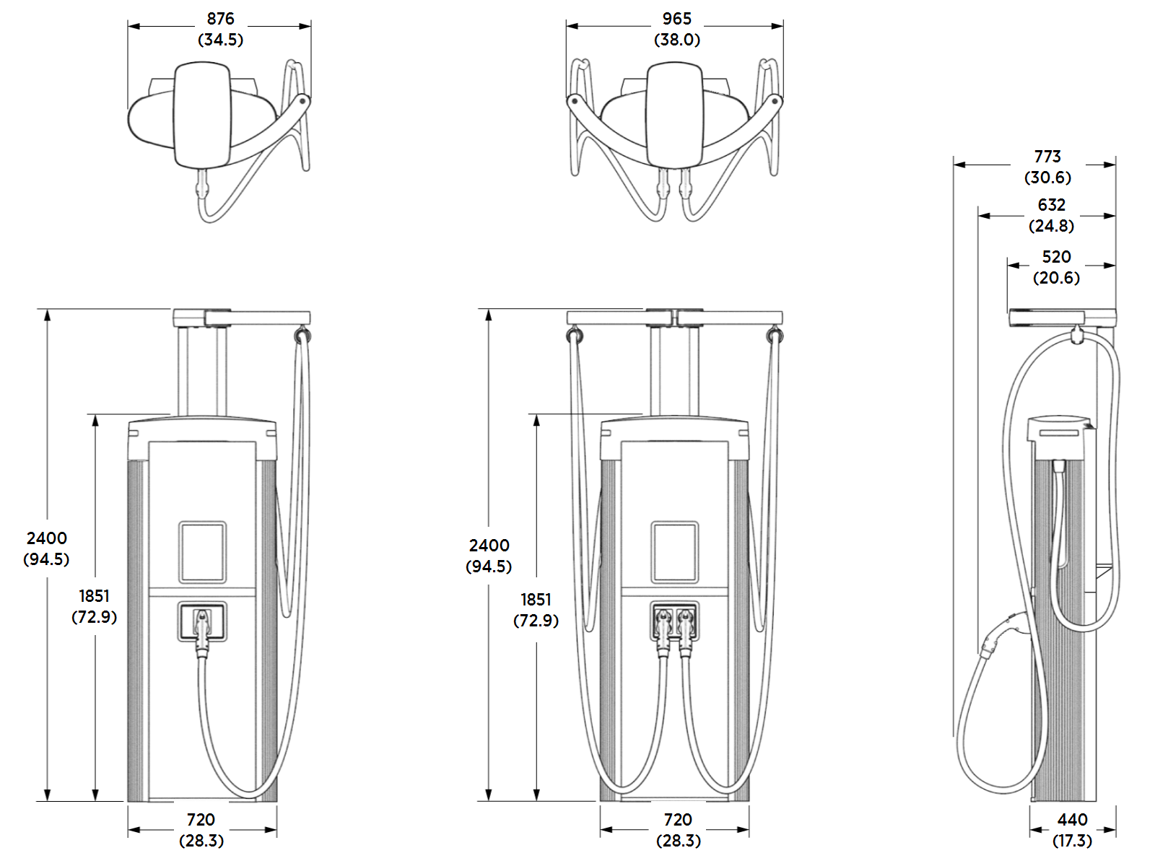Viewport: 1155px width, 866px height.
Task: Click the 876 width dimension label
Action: pos(220,19)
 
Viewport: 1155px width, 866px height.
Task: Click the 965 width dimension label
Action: pos(676,19)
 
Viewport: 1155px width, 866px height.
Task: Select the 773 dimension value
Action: pos(1047,157)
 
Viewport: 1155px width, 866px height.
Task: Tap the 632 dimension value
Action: pos(1051,205)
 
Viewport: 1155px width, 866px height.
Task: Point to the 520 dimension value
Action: pos(1056,257)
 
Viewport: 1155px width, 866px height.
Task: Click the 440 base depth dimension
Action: pos(1072,820)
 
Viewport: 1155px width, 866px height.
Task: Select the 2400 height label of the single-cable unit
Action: pos(47,538)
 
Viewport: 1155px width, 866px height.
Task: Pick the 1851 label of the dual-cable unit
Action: pos(536,600)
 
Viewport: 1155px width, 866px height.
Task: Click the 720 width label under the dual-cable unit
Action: pos(678,820)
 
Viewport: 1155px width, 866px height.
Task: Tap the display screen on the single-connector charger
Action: pos(202,552)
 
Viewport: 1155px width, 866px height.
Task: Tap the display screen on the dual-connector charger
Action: pos(674,552)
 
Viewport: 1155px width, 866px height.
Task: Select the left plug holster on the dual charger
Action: pos(663,622)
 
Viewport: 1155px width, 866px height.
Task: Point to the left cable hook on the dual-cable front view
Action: pos(574,336)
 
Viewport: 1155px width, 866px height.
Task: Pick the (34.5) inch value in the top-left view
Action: pos(220,40)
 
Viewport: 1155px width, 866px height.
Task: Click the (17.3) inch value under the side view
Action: pos(1072,841)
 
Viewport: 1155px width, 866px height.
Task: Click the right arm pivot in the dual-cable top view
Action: pos(776,100)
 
